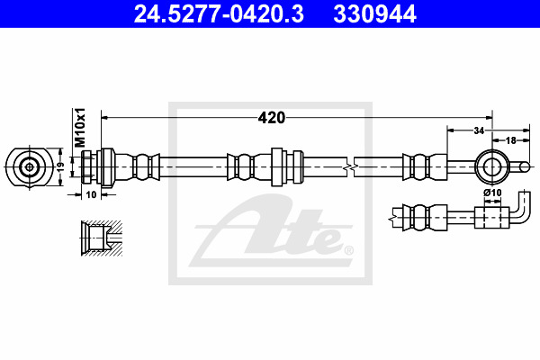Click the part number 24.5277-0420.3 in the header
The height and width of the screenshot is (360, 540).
(219, 13)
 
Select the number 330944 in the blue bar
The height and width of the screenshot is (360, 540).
(374, 13)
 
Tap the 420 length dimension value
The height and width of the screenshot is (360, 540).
(272, 118)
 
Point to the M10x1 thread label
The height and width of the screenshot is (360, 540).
(80, 128)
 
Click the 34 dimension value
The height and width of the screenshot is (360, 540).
(479, 130)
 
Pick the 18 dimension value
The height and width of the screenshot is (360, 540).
(511, 140)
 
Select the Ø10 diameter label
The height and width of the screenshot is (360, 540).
(492, 193)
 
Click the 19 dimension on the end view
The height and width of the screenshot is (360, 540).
(60, 167)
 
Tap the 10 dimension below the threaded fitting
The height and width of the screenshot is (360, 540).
(91, 195)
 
